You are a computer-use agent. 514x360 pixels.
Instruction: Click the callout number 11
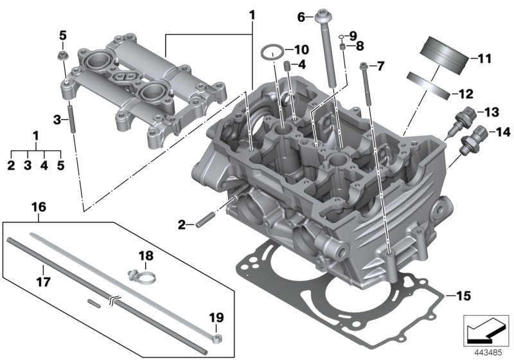coord(484,59)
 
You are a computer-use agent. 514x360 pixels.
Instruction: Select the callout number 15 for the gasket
coord(463,296)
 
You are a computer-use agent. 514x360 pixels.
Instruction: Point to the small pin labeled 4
coord(288,66)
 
